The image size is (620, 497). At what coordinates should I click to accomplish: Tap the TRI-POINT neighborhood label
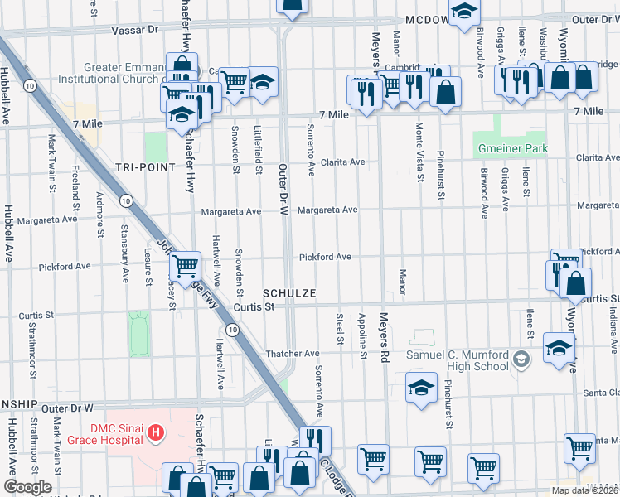(145, 167)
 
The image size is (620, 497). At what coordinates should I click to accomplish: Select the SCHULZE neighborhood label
(289, 294)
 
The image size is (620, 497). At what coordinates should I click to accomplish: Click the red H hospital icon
(153, 432)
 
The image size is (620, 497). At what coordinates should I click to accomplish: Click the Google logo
(27, 487)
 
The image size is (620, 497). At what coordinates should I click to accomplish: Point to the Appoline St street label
(363, 336)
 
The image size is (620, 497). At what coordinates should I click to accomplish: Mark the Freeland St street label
(75, 181)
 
